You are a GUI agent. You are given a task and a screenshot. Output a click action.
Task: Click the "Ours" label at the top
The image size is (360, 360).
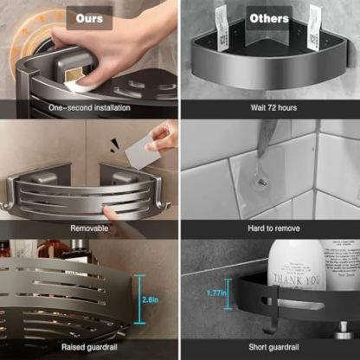point(89,17)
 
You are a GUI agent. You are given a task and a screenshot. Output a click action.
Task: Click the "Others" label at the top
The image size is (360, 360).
point(269,17)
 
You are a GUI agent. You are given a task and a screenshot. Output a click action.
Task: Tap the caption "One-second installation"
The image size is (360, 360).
point(89,107)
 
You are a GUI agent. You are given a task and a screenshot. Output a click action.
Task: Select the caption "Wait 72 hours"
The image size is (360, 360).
point(270,107)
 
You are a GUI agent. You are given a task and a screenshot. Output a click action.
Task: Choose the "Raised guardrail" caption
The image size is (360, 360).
point(90,347)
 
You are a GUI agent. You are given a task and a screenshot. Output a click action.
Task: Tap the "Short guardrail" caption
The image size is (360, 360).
point(270,347)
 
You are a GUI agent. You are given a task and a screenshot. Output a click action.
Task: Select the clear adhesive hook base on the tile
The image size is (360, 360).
point(260,183)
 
